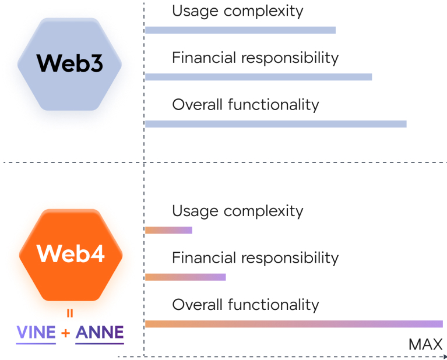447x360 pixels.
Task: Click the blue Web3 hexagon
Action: tap(69, 64)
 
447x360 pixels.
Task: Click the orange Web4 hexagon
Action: tap(71, 253)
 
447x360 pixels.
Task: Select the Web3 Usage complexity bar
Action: tap(240, 30)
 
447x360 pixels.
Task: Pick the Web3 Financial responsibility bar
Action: tap(258, 77)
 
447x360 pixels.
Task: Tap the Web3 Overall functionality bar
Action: tap(276, 123)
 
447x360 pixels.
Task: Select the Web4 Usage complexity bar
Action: tap(168, 230)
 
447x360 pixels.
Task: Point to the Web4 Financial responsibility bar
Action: tap(185, 277)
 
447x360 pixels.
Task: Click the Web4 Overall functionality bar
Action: tap(294, 324)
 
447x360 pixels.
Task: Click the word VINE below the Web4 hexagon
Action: tap(36, 333)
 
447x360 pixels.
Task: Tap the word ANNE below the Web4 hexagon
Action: tap(100, 333)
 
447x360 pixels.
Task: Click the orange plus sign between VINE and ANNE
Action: tap(66, 333)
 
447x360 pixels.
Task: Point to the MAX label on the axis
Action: tap(425, 344)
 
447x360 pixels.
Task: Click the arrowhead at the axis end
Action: tap(445, 355)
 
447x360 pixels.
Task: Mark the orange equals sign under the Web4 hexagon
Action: tap(70, 313)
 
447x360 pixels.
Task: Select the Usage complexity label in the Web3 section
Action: tap(238, 11)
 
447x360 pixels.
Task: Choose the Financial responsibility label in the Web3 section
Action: tap(255, 58)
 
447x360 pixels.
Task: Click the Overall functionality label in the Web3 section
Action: tap(245, 105)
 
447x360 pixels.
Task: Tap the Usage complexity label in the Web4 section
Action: tap(238, 211)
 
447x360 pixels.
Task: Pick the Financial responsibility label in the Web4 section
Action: tap(255, 257)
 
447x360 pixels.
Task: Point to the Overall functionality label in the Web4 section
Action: tap(245, 305)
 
